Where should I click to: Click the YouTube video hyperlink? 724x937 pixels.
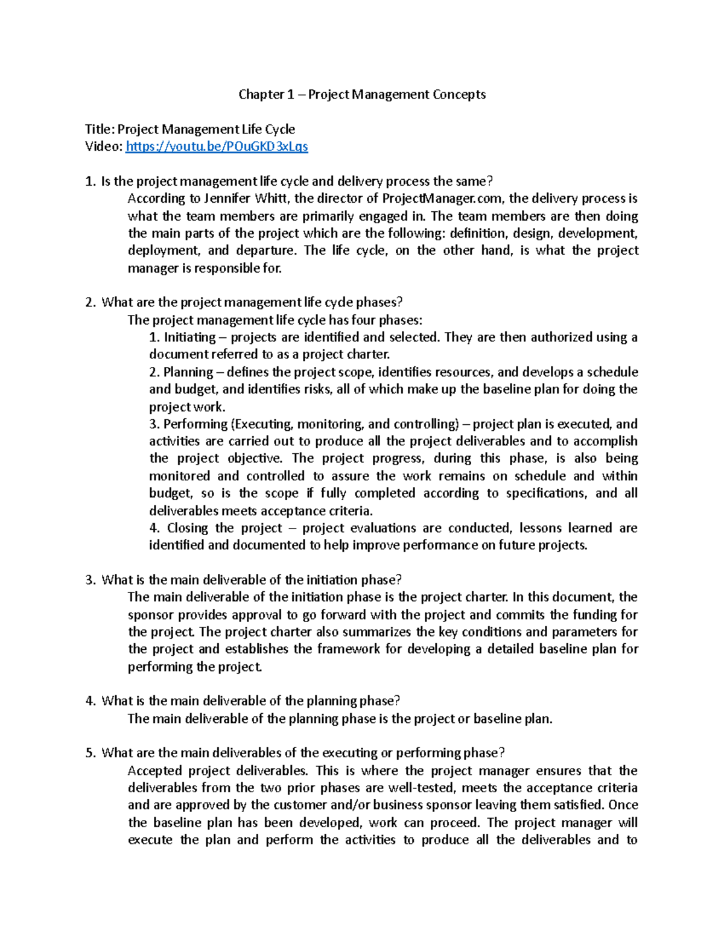point(217,147)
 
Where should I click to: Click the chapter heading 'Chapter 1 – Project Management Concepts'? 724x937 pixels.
point(362,94)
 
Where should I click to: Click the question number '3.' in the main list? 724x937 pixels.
point(91,580)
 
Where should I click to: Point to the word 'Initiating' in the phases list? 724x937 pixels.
point(189,337)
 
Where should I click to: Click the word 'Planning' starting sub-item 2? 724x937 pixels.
point(188,372)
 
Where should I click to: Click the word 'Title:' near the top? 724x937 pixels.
point(99,129)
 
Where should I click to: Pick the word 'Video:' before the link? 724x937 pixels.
point(104,147)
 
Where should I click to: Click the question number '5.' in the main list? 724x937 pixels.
point(91,753)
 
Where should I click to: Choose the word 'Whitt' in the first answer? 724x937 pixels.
point(272,199)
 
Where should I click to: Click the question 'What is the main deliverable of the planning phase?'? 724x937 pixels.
point(250,701)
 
